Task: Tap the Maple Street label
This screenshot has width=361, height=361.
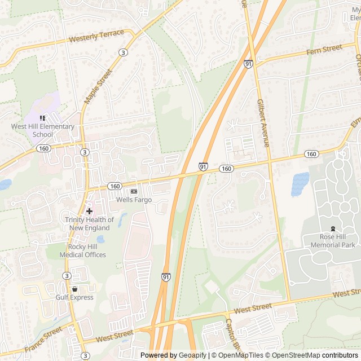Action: (98, 86)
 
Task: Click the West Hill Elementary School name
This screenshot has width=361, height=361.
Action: (43, 130)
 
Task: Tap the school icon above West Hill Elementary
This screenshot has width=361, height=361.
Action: (43, 118)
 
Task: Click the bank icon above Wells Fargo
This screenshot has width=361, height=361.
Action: (133, 191)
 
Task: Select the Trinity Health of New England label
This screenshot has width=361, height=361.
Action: (89, 223)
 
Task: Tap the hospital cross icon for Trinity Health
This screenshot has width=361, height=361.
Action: (89, 210)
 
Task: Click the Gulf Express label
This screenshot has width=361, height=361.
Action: (74, 297)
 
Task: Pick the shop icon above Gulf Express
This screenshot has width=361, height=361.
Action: (74, 288)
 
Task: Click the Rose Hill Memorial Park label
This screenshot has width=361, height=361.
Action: (333, 241)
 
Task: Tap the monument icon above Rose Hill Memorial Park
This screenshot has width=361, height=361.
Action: (333, 228)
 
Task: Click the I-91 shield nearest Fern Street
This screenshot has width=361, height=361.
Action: (248, 64)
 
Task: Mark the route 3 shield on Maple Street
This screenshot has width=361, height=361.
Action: (123, 52)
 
